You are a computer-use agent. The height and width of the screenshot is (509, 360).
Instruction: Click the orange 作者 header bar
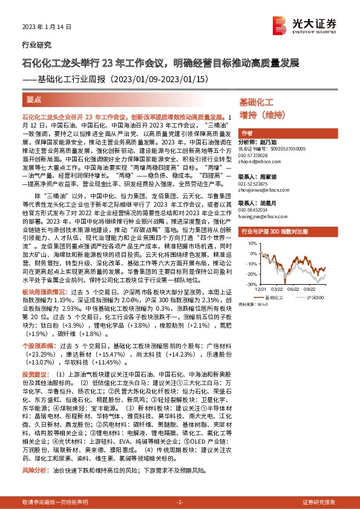[247, 133]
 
